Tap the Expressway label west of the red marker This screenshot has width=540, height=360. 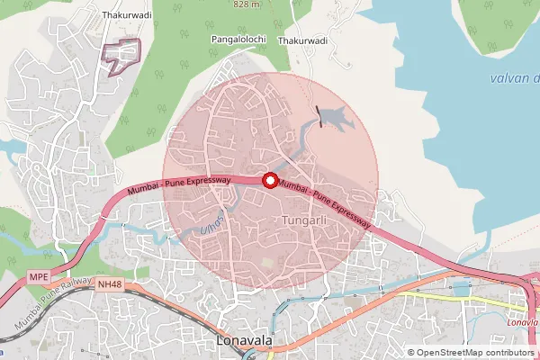(x=181, y=186)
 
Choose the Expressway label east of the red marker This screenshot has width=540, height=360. (x=325, y=203)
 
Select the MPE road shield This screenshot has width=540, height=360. (x=38, y=275)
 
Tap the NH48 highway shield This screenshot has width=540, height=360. (x=109, y=284)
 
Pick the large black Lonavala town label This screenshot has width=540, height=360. (x=256, y=343)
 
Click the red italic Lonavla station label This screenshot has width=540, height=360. (x=522, y=321)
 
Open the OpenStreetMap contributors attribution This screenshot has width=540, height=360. (x=472, y=352)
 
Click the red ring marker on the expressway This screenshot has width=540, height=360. (x=269, y=181)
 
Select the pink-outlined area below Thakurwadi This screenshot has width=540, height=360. (x=124, y=56)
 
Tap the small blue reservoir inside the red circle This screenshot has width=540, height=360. (x=334, y=116)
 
